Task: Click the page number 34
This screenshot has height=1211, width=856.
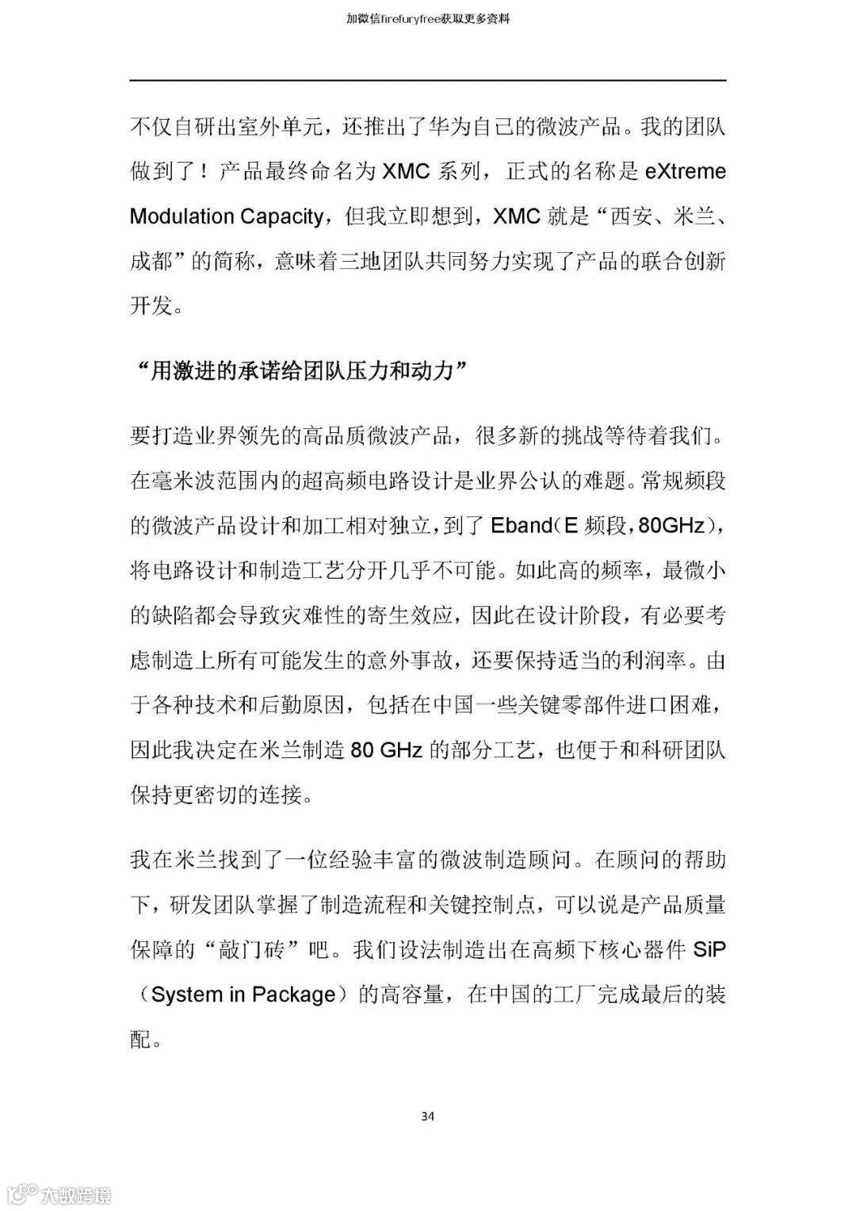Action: coord(427,1116)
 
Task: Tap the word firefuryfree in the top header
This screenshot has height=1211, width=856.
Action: coord(418,17)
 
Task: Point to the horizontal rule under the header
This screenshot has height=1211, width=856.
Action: coord(427,80)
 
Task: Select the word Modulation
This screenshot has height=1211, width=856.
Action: coord(182,217)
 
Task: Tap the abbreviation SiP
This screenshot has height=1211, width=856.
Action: coord(709,949)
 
